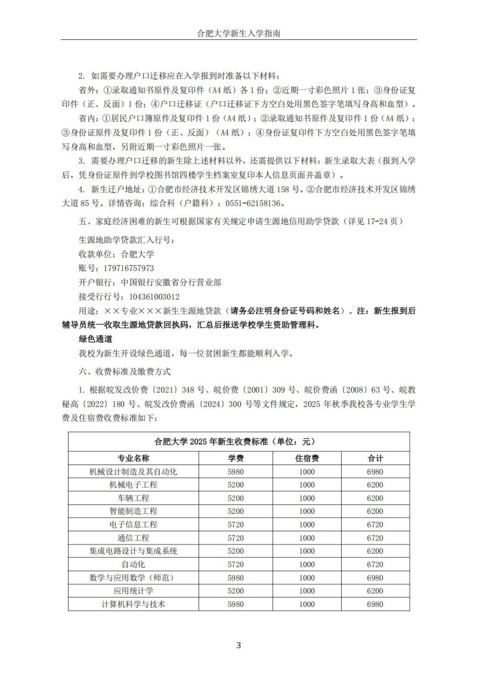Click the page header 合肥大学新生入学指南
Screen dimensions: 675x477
238,34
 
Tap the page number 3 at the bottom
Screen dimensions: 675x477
238,645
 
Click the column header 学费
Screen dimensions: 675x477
236,459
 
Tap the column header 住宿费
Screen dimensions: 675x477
306,459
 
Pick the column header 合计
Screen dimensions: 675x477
375,459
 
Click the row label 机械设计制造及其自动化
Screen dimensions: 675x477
134,472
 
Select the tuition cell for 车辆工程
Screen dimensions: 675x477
236,498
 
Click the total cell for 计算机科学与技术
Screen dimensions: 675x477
375,604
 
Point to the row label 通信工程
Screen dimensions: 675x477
134,538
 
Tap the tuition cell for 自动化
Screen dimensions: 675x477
236,564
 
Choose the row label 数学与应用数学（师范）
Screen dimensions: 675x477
134,578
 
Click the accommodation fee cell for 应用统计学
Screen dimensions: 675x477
306,591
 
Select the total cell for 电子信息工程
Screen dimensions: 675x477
375,525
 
